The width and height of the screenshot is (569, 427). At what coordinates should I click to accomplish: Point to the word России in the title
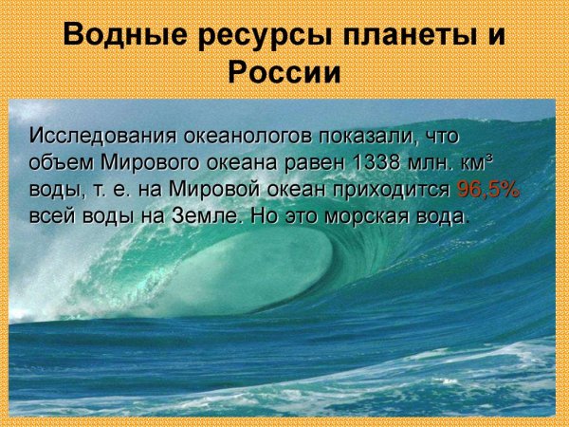point(284,72)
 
